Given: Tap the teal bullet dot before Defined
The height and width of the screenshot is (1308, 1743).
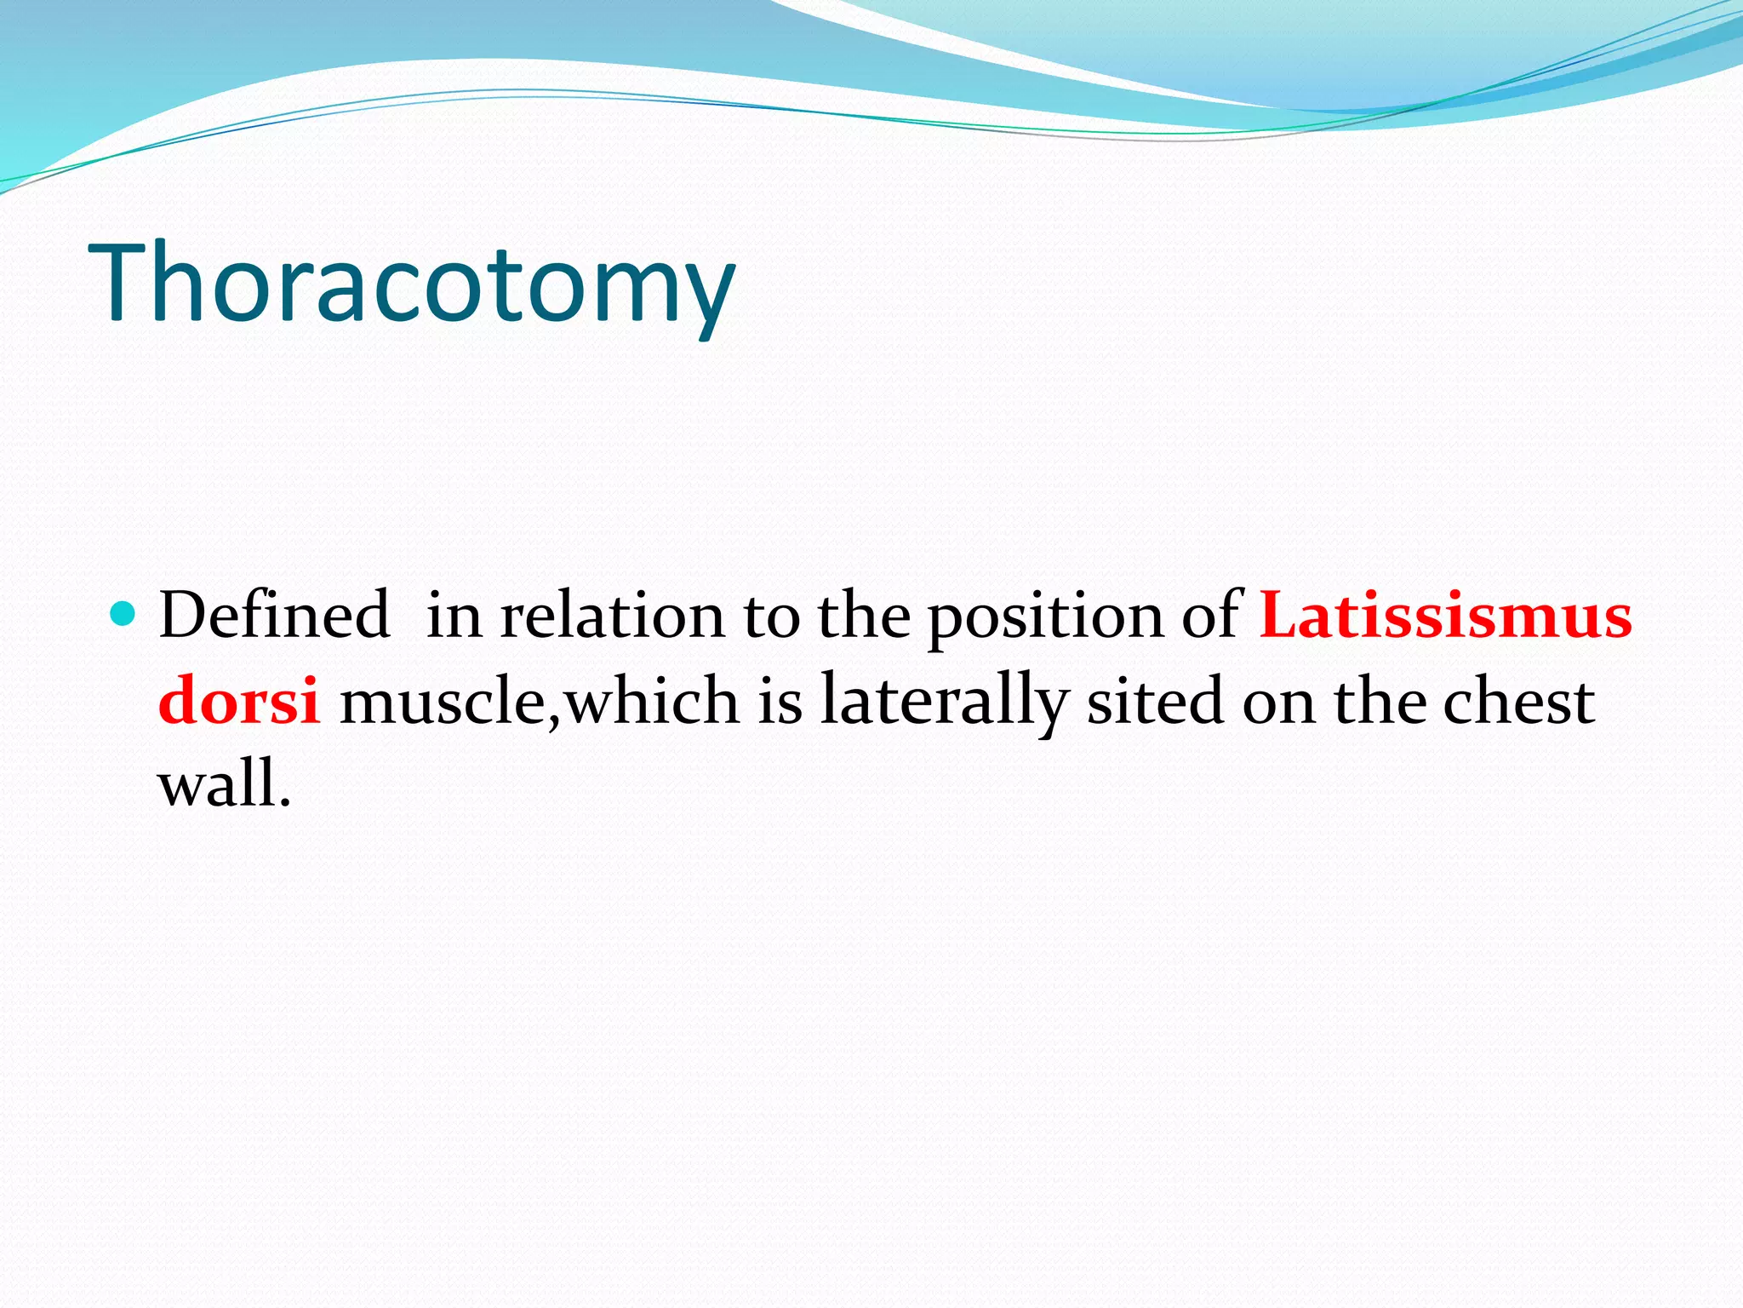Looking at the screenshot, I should point(123,612).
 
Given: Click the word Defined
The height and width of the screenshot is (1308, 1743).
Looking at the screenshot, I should point(274,615).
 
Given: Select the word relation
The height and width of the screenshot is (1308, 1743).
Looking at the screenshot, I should point(611,615).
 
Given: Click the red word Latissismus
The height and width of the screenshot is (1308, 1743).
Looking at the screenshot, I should point(1445,615).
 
